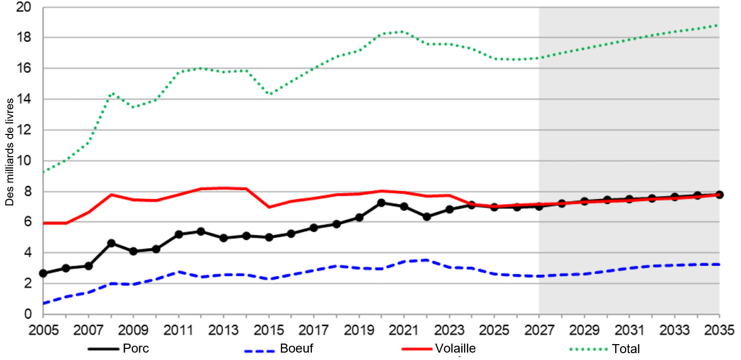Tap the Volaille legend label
(x=455, y=348)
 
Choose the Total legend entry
(x=626, y=349)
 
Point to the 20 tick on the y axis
(x=24, y=7)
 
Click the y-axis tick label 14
(x=24, y=100)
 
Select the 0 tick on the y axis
(x=27, y=314)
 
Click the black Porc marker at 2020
(x=382, y=203)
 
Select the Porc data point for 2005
(x=43, y=273)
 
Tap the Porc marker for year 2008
(x=111, y=243)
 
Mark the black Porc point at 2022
(x=427, y=217)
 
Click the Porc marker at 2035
(x=719, y=194)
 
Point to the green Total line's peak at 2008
(x=111, y=93)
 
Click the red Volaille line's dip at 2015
(x=269, y=207)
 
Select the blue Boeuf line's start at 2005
(x=43, y=304)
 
